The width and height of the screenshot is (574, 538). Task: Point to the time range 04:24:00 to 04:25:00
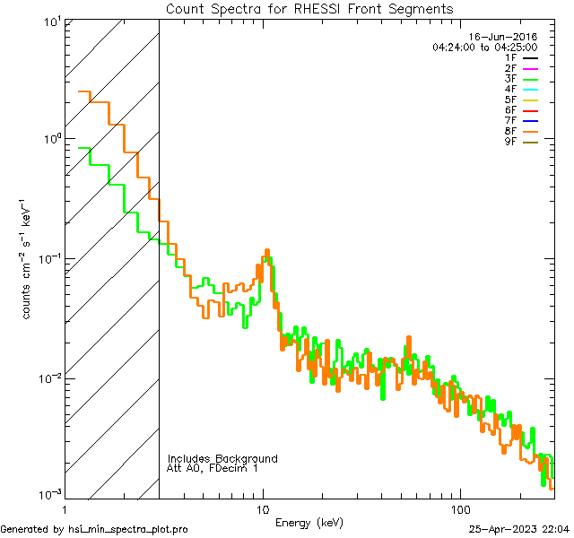click(484, 48)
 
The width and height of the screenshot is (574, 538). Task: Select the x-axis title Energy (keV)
click(309, 523)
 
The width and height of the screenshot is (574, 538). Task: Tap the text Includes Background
click(222, 458)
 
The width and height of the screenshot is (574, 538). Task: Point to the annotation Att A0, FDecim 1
click(213, 468)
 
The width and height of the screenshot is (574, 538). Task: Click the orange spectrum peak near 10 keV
click(267, 252)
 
